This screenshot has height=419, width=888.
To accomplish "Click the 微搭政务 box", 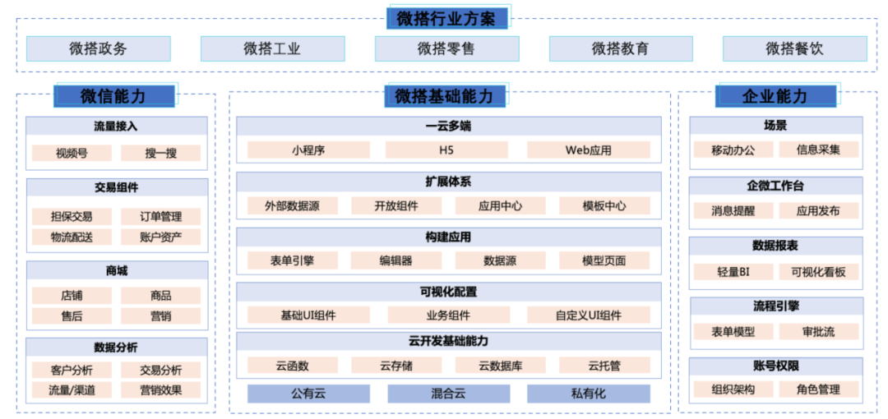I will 98,48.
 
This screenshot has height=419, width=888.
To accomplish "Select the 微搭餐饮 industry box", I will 794,48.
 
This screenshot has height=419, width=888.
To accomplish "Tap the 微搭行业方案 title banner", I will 446,18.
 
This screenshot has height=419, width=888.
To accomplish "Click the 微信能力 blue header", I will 113,96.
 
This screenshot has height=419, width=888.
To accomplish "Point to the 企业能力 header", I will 775,96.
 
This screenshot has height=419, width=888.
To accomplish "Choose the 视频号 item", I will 72,153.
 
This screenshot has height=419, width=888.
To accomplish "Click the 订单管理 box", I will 161,217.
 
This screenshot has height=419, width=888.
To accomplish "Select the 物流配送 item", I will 72,237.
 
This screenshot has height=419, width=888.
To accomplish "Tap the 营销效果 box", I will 161,390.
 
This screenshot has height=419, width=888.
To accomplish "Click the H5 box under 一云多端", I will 446,150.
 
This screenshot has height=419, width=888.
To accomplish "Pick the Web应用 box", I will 588,150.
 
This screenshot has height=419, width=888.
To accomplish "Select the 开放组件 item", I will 396,206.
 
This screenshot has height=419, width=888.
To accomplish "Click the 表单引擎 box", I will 292,260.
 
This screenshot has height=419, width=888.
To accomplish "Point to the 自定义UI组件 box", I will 588,315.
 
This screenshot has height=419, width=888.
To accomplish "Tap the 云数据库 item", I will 500,366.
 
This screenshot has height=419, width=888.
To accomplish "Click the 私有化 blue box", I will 588,394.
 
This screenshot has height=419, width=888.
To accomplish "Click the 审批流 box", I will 818,332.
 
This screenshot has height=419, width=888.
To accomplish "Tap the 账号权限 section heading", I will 775,366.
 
